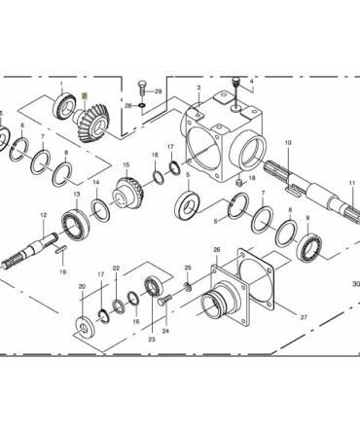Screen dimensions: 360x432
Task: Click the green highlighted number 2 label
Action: pyautogui.click(x=85, y=95)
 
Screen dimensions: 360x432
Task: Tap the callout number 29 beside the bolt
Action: pyautogui.click(x=158, y=91)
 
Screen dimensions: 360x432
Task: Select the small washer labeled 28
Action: pyautogui.click(x=142, y=105)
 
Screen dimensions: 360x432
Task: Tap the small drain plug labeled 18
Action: pyautogui.click(x=239, y=183)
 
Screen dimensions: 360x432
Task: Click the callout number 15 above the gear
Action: pyautogui.click(x=126, y=165)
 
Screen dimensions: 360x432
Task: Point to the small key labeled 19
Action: pyautogui.click(x=61, y=249)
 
